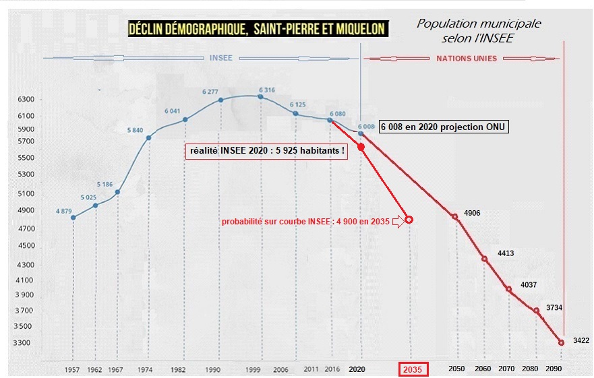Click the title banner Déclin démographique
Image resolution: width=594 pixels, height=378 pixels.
click(258, 28)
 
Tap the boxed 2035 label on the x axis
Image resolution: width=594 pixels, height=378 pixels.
click(411, 370)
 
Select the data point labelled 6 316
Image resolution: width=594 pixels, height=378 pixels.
click(260, 96)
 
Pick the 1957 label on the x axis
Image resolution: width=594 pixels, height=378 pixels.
click(73, 370)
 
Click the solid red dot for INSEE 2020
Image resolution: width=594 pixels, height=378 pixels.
click(361, 147)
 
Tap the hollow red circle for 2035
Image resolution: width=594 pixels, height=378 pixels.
click(409, 220)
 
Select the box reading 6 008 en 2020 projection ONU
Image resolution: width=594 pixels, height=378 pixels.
click(443, 127)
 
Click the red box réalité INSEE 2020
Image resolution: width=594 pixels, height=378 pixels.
click(266, 152)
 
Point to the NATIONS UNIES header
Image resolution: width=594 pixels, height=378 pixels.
click(467, 59)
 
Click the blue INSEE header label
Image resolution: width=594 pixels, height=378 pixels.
click(221, 58)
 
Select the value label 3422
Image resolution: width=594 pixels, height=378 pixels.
click(581, 340)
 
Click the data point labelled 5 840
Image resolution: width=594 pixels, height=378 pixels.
click(148, 137)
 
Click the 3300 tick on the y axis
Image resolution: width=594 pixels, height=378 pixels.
click(26, 343)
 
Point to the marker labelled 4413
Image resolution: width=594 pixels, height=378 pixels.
click(484, 259)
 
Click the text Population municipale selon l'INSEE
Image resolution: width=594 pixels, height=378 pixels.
click(479, 31)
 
